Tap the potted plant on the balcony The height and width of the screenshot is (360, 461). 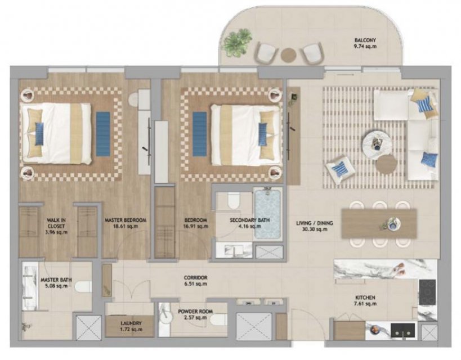(x=237, y=43)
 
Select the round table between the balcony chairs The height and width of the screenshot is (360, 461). (x=288, y=55)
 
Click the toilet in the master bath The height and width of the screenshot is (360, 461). (x=83, y=287)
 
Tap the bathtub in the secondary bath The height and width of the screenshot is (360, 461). (x=267, y=214)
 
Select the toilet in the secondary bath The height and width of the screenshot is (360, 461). (x=234, y=200)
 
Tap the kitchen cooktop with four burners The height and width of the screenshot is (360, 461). (x=427, y=292)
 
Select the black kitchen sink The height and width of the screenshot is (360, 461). (x=403, y=330)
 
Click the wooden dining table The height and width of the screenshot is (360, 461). (x=379, y=223)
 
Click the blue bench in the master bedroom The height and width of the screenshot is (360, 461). (x=103, y=134)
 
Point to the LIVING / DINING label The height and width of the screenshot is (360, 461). (x=315, y=226)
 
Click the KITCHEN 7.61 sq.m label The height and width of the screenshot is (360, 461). (x=365, y=300)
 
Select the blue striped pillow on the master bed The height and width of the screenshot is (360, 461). (x=39, y=134)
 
